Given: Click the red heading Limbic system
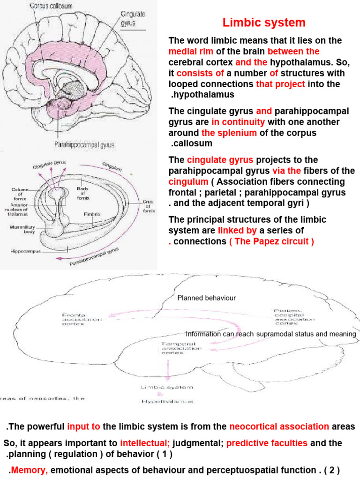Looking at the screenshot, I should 264,22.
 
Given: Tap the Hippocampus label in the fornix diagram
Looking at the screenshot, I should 25,251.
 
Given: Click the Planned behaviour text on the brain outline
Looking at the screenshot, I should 206,298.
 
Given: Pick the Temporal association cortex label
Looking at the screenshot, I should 179,348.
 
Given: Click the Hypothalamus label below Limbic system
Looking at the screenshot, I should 167,402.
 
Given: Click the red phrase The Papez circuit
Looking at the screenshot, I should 271,241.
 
